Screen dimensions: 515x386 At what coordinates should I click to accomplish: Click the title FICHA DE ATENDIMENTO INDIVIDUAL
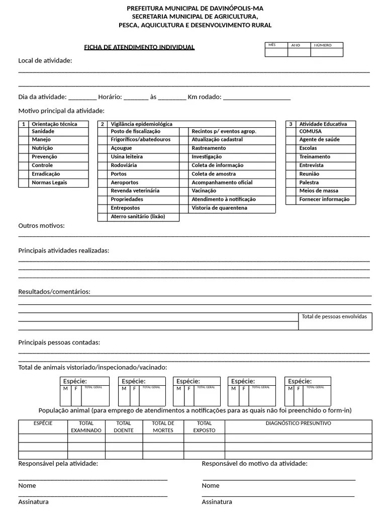tap(139, 47)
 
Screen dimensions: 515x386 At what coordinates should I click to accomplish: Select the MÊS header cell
tap(276, 45)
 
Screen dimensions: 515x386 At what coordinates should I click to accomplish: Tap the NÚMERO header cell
tap(327, 45)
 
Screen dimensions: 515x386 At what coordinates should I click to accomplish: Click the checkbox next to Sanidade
tap(23, 131)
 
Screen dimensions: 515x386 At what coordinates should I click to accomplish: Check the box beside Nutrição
tap(23, 148)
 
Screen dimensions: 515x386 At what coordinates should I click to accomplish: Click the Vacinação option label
tap(204, 191)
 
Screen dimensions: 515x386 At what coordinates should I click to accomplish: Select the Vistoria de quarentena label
tap(219, 208)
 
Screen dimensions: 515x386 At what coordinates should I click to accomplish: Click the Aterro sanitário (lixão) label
tap(138, 217)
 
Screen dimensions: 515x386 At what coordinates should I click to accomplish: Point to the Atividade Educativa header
tap(323, 124)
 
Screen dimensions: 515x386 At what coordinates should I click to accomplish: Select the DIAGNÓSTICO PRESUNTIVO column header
tap(298, 423)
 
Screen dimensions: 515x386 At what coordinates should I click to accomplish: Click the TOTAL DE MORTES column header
tap(163, 426)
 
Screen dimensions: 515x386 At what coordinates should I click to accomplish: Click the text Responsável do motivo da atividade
tap(254, 464)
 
